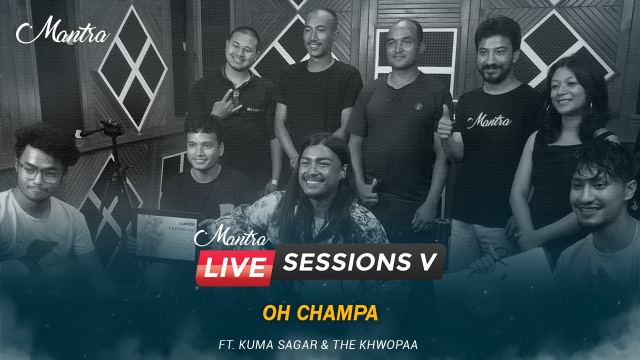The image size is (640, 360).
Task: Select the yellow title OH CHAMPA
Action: pyautogui.click(x=320, y=313)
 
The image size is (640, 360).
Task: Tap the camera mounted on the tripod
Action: pyautogui.click(x=111, y=127)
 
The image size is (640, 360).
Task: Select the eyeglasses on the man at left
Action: pyautogui.click(x=38, y=172)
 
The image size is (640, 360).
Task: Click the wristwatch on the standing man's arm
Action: pyautogui.click(x=273, y=182)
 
